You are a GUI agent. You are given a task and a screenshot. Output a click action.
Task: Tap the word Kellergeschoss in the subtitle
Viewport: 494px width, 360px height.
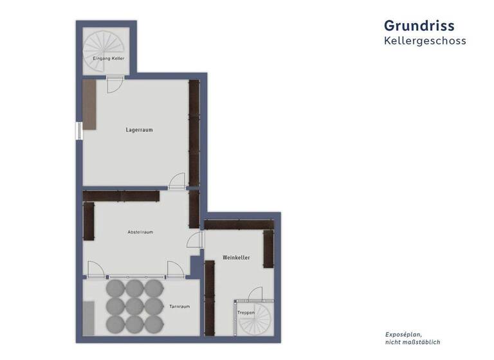coord(425,41)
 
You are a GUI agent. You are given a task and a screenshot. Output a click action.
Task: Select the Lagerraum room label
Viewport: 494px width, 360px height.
coord(139,130)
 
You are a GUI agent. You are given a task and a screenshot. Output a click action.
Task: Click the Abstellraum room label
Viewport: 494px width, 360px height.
coord(140,232)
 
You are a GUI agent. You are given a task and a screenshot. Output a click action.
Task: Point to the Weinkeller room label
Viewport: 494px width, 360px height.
coord(236,258)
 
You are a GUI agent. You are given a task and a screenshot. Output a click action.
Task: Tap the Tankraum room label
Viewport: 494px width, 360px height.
coord(179,307)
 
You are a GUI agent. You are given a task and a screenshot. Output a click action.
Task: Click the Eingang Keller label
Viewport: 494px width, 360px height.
coord(108,59)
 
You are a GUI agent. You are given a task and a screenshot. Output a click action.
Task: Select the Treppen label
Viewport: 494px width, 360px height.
coord(246,312)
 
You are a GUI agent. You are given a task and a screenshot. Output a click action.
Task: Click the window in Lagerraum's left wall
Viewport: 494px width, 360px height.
coord(79,130)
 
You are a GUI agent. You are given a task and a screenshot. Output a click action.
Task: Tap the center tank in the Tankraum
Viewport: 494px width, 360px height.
coord(134,305)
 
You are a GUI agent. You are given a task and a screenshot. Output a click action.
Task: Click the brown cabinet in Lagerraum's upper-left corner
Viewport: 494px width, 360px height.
coord(89,104)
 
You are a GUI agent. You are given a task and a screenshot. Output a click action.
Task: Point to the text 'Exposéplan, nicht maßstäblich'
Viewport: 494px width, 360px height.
coord(412,338)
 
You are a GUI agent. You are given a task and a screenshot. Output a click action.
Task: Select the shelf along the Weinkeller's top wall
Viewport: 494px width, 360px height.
coord(239,224)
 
